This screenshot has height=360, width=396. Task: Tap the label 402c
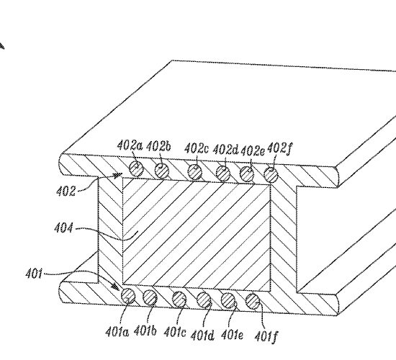pyautogui.click(x=197, y=148)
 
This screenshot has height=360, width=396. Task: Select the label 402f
pyautogui.click(x=279, y=148)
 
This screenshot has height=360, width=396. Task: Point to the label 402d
pyautogui.click(x=225, y=150)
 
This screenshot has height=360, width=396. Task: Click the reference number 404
pyautogui.click(x=63, y=228)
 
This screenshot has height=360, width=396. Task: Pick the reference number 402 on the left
pyautogui.click(x=66, y=191)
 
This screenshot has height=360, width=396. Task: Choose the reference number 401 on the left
pyautogui.click(x=34, y=274)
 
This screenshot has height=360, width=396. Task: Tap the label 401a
pyautogui.click(x=117, y=332)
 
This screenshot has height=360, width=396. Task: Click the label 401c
pyautogui.click(x=175, y=332)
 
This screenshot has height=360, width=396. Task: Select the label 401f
pyautogui.click(x=266, y=336)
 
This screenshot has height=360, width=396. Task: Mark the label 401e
pyautogui.click(x=232, y=335)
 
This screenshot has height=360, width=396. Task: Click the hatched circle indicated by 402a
pyautogui.click(x=136, y=168)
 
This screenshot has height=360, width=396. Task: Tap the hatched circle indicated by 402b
pyautogui.click(x=161, y=171)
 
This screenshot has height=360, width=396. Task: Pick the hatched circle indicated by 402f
pyautogui.click(x=271, y=175)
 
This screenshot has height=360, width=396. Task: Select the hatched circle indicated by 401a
pyautogui.click(x=128, y=296)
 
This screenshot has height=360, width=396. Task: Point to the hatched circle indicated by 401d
pyautogui.click(x=204, y=300)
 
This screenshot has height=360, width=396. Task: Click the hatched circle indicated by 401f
pyautogui.click(x=253, y=302)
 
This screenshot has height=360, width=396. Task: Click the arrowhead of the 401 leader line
pyautogui.click(x=115, y=287)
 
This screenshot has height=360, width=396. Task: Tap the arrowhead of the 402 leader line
pyautogui.click(x=118, y=175)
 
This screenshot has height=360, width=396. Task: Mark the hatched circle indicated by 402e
pyautogui.click(x=247, y=174)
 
